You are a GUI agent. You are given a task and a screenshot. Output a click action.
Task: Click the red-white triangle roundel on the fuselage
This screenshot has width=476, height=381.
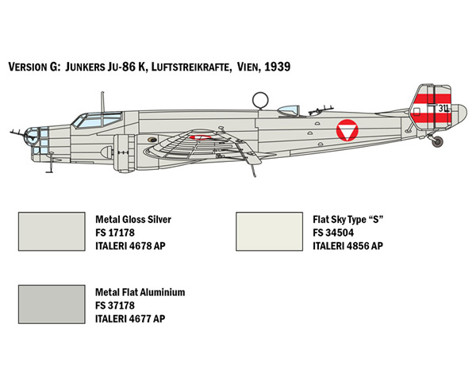pos(347,130)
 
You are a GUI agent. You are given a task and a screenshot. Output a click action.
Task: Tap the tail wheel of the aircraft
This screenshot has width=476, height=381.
pos(438,141)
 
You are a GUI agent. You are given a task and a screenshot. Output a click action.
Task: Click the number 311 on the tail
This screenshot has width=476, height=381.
pos(443,108)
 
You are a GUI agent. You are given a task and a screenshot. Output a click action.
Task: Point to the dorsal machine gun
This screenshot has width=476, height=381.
pos(321,110)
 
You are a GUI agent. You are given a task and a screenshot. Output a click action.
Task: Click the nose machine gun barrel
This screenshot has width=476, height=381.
pos(17,133)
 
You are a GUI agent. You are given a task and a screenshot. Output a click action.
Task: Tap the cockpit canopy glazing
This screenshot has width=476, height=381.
pos(97,120)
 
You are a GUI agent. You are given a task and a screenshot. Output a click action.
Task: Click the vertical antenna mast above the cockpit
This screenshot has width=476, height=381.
pos(102,102)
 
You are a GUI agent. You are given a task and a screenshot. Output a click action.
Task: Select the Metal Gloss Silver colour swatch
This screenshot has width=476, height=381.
pos(52,232)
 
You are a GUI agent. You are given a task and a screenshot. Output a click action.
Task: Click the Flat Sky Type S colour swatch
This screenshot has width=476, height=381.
pos(269,232)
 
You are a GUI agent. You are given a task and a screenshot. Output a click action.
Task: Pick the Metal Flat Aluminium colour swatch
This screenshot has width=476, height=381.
pos(52,304)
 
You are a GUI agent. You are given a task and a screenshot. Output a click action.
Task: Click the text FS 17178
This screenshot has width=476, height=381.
pos(115,233)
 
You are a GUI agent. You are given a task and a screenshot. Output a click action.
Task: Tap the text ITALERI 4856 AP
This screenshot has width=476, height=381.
pos(348,246)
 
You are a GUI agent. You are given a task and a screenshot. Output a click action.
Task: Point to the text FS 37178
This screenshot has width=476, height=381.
pos(115,306)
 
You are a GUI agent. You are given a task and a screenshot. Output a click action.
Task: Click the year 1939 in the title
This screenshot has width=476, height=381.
pos(278,67)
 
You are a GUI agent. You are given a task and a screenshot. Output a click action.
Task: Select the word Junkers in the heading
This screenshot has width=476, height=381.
pos(85,67)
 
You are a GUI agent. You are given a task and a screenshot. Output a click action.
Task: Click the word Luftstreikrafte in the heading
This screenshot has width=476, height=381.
pos(190,67)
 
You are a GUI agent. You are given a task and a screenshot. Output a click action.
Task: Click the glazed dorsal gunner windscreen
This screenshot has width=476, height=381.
pos(289,110)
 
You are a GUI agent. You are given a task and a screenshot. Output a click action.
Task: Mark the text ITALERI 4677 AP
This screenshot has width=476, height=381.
pos(130,319)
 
